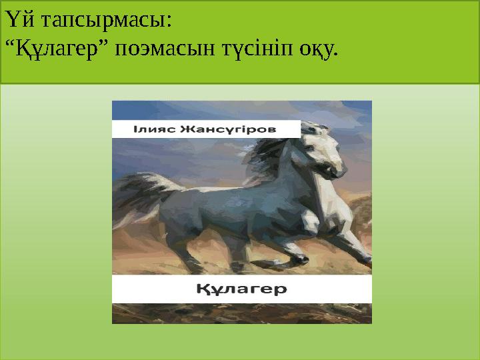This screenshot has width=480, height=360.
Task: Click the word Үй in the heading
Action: (20, 21)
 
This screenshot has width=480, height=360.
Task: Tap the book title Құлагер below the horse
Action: (241, 289)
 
